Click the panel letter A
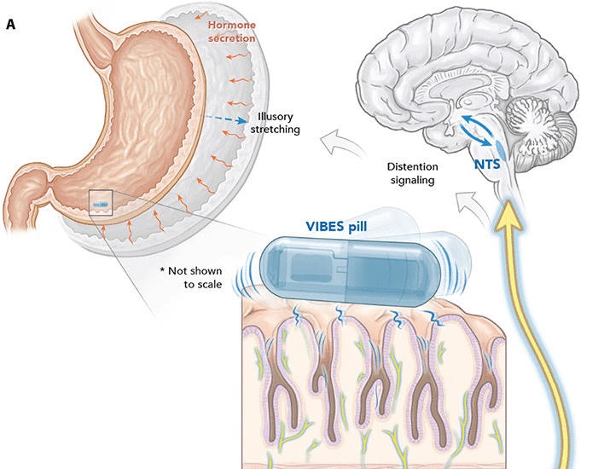pyautogui.click(x=11, y=25)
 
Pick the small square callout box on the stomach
pyautogui.click(x=100, y=203)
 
